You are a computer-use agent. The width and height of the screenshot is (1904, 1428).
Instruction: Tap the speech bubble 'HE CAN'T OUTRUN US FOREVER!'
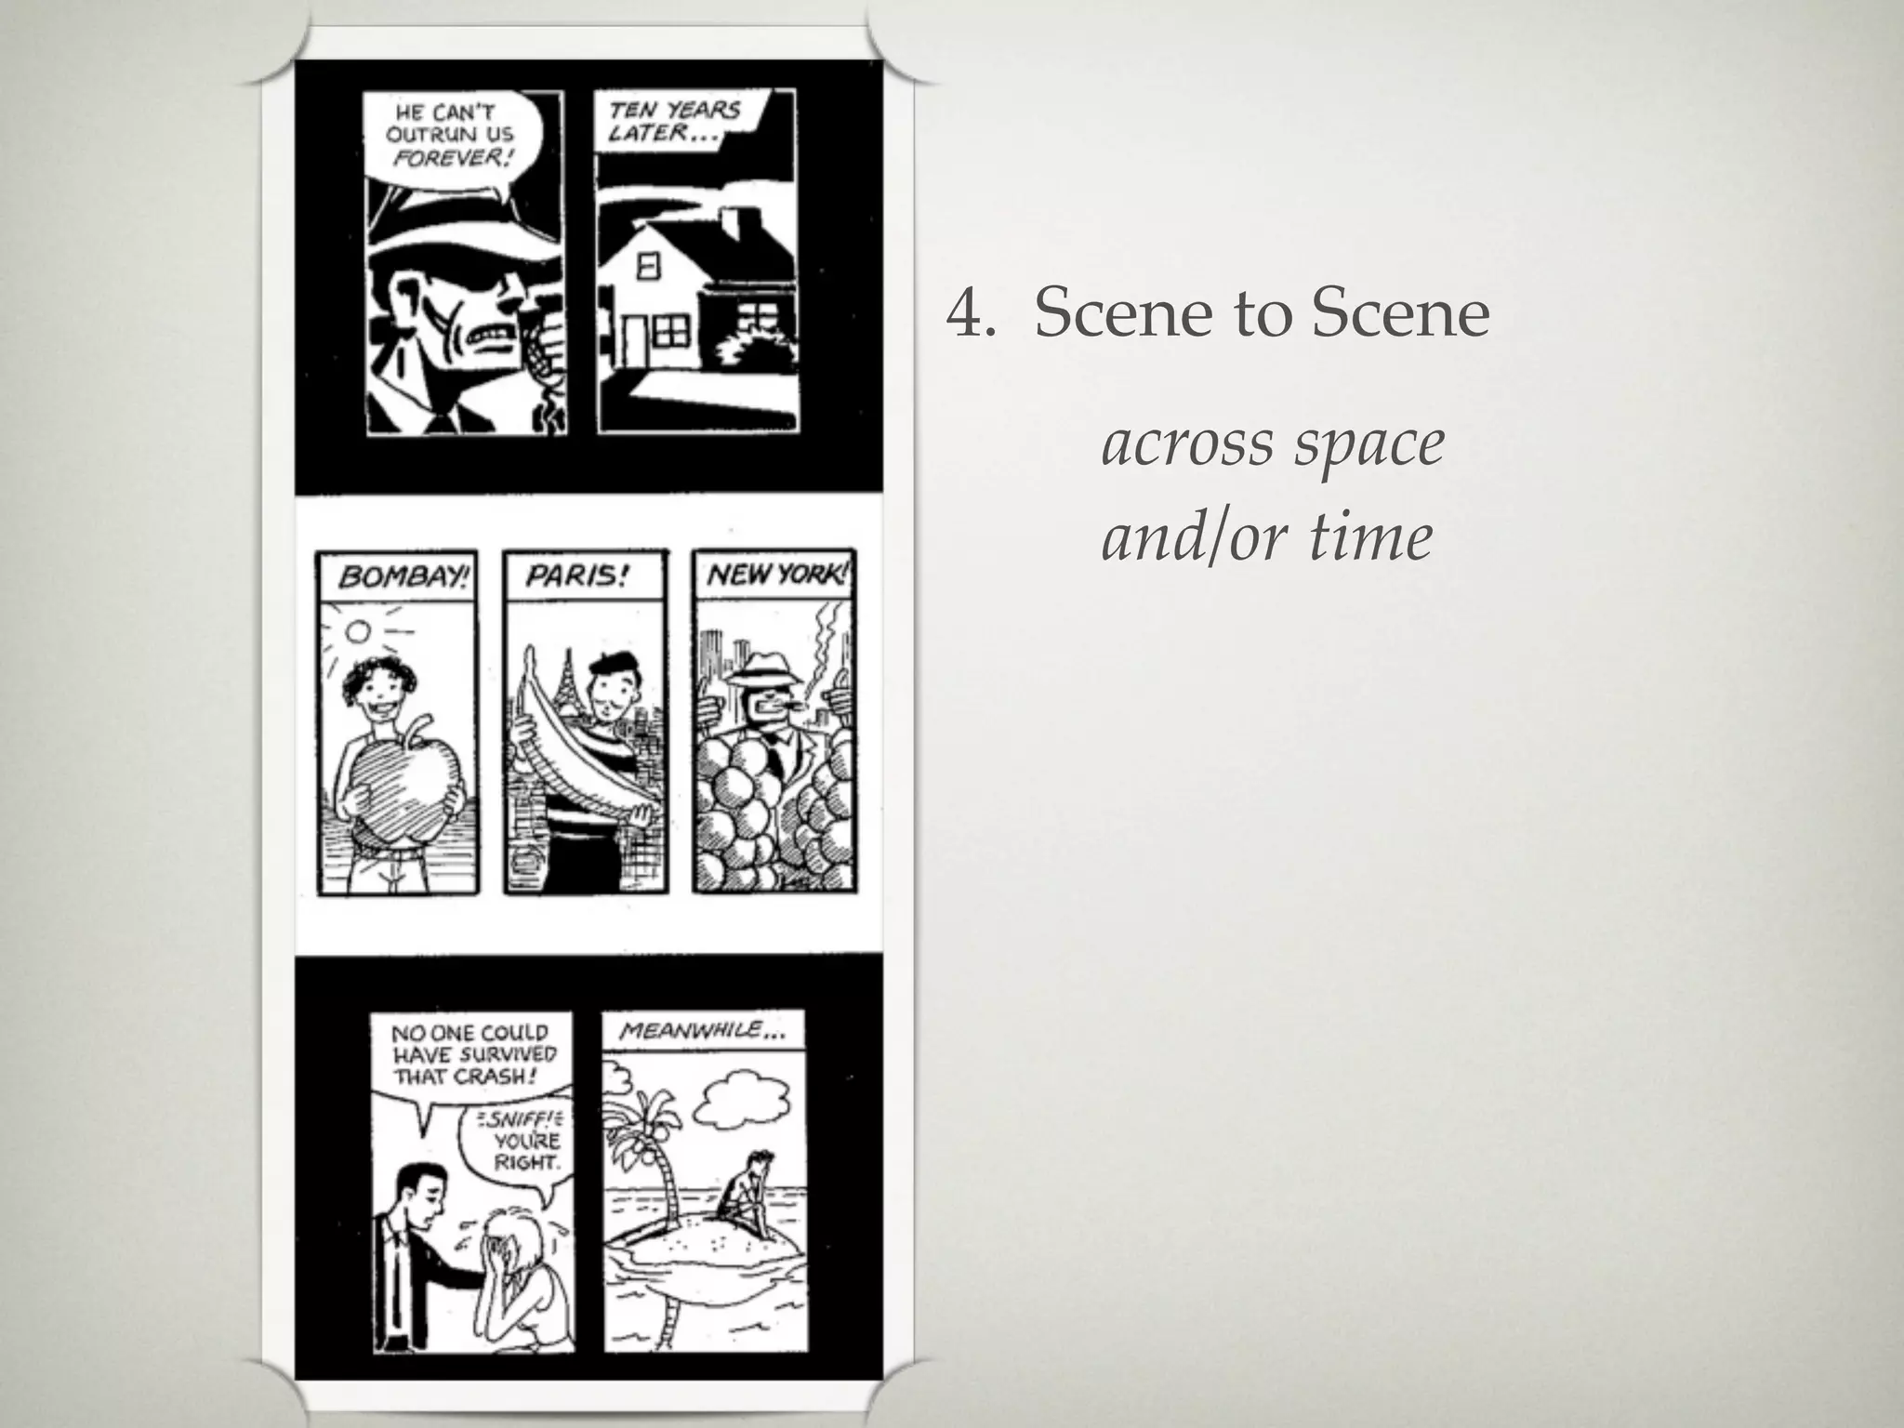coord(450,136)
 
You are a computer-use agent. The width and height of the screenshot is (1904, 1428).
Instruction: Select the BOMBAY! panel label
coord(401,577)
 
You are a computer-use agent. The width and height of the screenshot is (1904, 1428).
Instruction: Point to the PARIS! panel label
coord(577,576)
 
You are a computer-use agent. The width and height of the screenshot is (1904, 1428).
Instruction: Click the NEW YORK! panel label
coord(777,575)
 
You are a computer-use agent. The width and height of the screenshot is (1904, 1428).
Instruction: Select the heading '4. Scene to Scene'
coord(1218,314)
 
